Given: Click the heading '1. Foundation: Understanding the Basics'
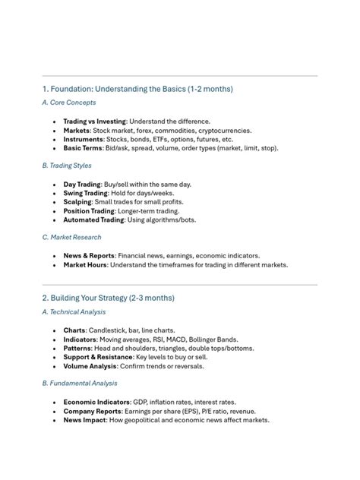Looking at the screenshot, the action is pos(137,89).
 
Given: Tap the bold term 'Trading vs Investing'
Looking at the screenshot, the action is pos(94,122).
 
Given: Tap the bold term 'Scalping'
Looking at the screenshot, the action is pos(77,203).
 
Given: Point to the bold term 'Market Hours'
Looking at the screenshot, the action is pos(85,265).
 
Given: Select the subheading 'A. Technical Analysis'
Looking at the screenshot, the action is pos(74,311).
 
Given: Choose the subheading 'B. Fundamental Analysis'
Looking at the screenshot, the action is pos(79,384).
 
